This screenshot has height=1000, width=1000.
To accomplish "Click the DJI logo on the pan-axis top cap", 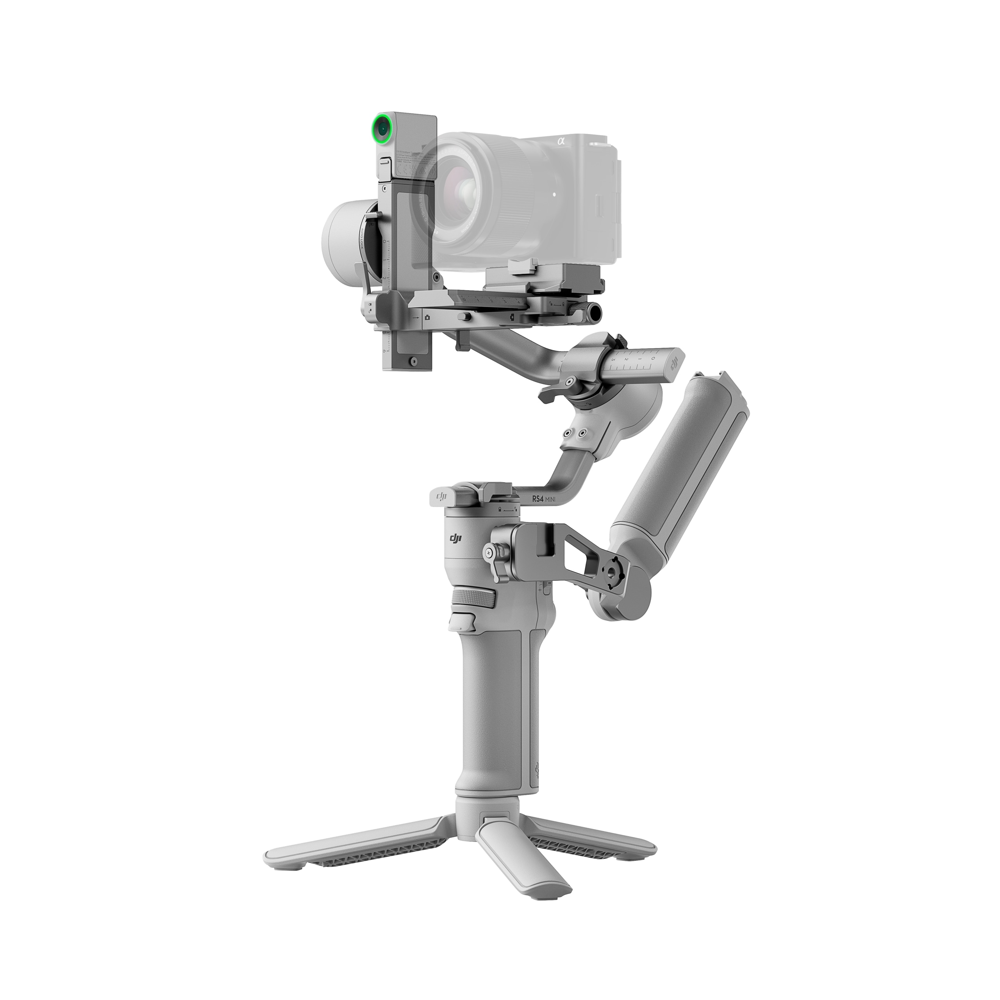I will click(442, 497).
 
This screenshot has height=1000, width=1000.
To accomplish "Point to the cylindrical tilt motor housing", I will click(342, 232).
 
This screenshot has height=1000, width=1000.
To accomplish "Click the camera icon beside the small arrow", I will click(427, 317).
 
